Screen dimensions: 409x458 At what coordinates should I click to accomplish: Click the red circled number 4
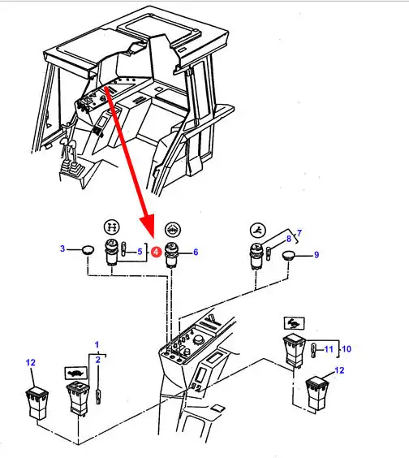(x=156, y=252)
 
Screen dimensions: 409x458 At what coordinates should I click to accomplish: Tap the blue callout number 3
(x=62, y=248)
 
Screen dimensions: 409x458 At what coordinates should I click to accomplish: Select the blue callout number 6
(x=196, y=252)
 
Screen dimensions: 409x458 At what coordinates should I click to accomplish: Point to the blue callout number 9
(x=316, y=255)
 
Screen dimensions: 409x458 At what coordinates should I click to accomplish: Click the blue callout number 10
(x=347, y=348)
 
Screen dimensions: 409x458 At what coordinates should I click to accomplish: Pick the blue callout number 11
(x=329, y=349)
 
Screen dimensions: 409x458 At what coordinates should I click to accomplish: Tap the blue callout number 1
(x=97, y=345)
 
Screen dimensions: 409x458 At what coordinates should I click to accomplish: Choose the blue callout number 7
(x=299, y=233)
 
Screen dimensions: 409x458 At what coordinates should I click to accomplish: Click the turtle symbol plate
(x=76, y=374)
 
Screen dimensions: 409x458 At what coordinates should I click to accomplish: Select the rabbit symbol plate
(x=295, y=323)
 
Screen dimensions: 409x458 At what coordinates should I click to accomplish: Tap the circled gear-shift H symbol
(x=112, y=227)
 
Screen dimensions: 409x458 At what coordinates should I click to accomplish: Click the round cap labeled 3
(x=88, y=250)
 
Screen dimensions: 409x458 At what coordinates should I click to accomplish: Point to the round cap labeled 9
(x=289, y=255)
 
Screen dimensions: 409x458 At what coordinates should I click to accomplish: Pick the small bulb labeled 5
(x=124, y=248)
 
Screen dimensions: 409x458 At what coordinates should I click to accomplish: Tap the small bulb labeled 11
(x=313, y=350)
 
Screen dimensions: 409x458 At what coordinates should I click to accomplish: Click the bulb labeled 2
(x=99, y=396)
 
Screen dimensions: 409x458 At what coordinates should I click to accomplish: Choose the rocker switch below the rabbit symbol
(x=295, y=351)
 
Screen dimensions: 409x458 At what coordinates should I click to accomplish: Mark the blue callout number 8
(x=289, y=239)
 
